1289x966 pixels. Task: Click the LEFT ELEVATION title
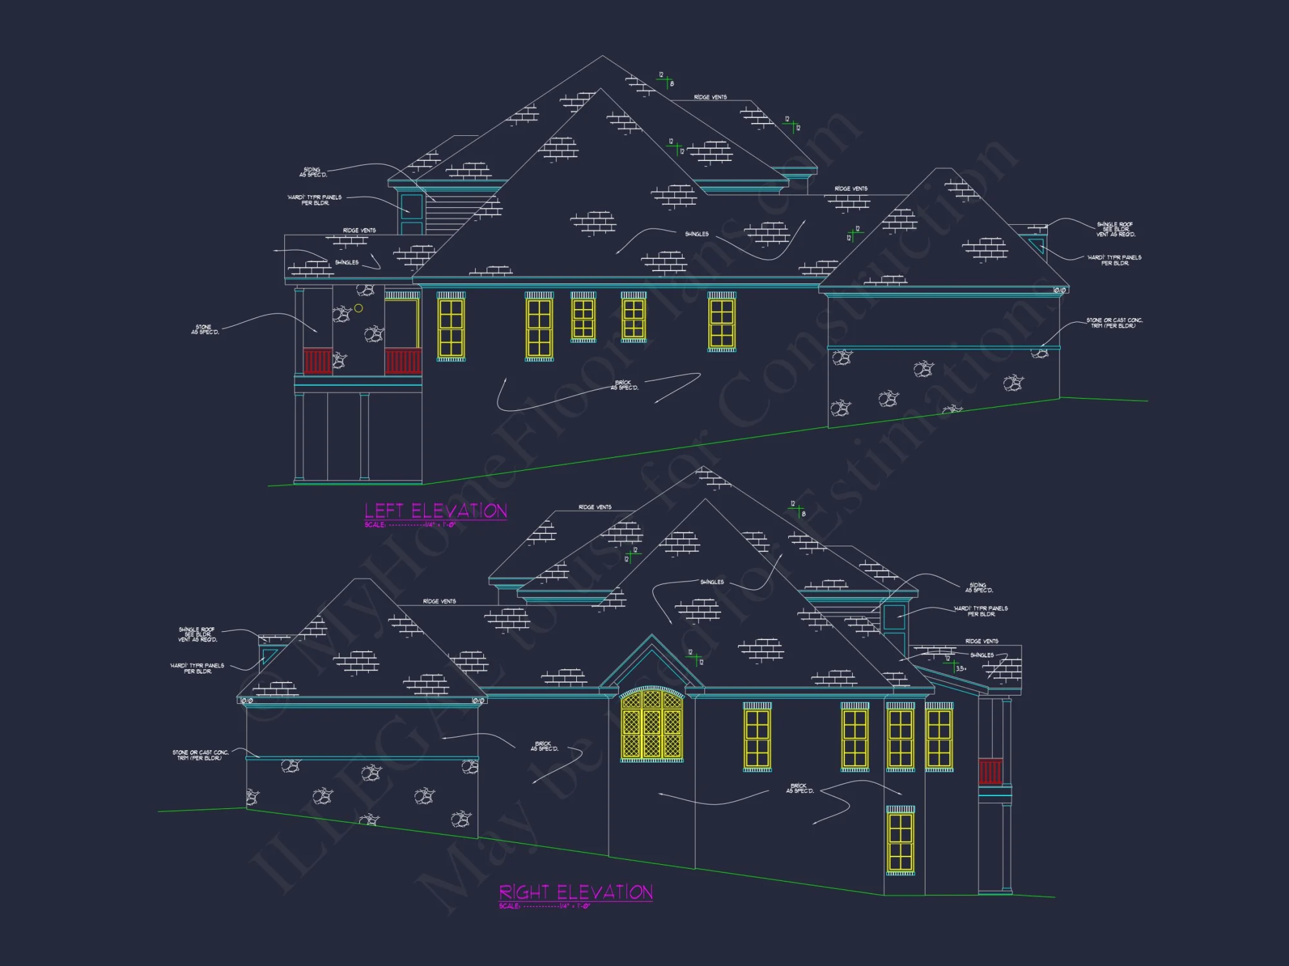coord(436,511)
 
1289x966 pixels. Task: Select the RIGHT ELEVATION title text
coord(576,893)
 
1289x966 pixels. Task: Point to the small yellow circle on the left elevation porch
coord(358,308)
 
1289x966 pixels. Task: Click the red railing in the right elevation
coord(991,772)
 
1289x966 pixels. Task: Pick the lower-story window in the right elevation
coord(900,841)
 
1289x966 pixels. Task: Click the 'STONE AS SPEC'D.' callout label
coord(205,330)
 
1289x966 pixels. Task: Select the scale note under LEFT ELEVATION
coord(410,525)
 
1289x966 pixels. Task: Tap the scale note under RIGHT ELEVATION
coord(544,906)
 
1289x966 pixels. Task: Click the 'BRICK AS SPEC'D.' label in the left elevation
coord(624,385)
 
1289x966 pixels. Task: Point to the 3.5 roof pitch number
coord(961,668)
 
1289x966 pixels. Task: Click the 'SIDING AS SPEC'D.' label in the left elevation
coord(313,173)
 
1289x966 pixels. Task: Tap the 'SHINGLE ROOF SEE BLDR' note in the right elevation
coord(197,634)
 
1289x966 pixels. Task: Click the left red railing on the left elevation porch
coord(317,361)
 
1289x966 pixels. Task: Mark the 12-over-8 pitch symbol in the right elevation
coord(798,509)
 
